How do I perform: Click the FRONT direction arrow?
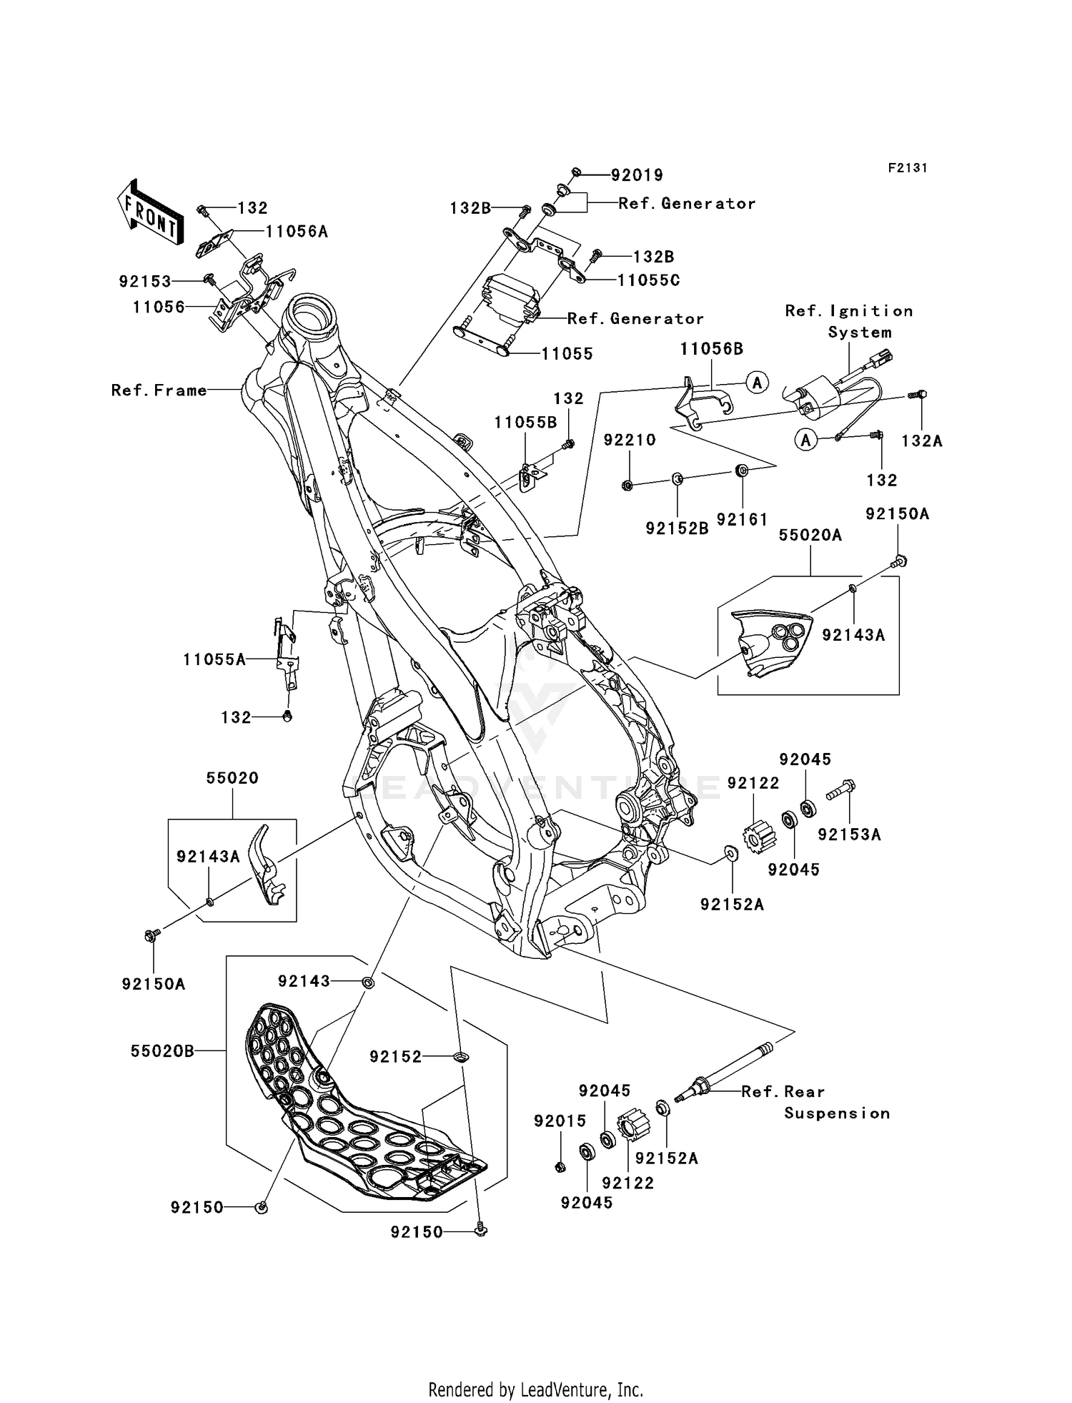149,213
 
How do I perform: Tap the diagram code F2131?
907,167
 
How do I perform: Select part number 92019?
637,175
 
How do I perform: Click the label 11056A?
297,232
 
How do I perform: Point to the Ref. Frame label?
159,390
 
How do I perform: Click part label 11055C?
648,280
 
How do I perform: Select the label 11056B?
711,349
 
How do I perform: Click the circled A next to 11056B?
758,383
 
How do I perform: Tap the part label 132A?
922,441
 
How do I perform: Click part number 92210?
630,440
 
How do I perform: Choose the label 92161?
742,520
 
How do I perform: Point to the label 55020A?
810,536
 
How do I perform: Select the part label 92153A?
849,835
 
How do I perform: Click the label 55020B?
162,1051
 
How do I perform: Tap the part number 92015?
560,1121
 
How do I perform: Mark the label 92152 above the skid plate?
395,1057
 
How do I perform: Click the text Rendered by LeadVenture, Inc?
535,1389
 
